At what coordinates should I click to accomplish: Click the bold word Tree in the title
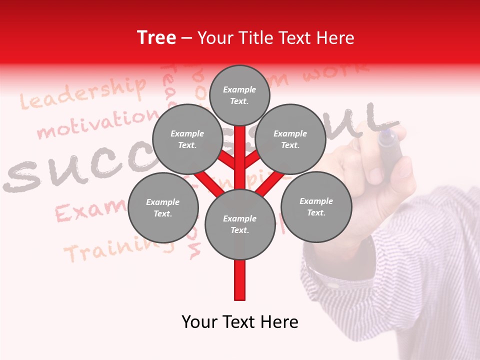[156, 38]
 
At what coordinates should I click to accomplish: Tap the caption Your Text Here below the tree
[239, 322]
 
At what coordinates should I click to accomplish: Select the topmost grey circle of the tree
[239, 95]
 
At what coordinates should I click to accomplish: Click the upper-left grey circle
[187, 139]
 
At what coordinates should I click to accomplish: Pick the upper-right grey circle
[290, 139]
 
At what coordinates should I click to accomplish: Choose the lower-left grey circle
[163, 207]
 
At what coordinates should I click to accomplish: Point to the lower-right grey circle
[316, 206]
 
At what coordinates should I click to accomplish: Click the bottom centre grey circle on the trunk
[239, 224]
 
